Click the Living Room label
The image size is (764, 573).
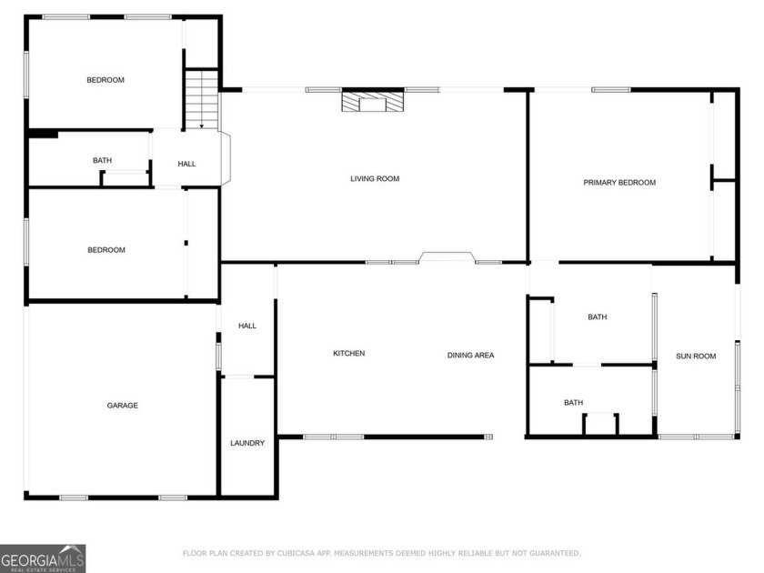click(x=375, y=179)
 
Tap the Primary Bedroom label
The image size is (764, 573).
click(x=618, y=183)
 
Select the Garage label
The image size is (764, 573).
click(x=122, y=406)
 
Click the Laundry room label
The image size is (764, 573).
click(x=247, y=444)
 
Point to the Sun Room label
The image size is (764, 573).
click(x=696, y=357)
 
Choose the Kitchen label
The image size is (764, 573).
click(x=348, y=354)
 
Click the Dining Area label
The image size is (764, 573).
click(x=470, y=356)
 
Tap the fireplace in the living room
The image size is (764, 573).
click(x=372, y=101)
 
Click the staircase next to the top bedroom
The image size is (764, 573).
click(x=202, y=100)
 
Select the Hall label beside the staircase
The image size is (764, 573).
click(x=186, y=165)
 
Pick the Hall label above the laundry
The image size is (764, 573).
click(x=247, y=327)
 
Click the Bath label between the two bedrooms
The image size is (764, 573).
click(x=102, y=161)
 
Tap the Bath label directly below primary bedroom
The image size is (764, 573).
click(x=597, y=317)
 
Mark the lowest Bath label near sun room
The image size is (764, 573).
click(x=573, y=403)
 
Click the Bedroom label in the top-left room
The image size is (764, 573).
click(x=106, y=80)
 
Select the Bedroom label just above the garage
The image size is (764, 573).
click(x=106, y=250)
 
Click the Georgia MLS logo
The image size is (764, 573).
click(x=43, y=558)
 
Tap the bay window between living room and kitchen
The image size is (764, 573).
click(x=447, y=258)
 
